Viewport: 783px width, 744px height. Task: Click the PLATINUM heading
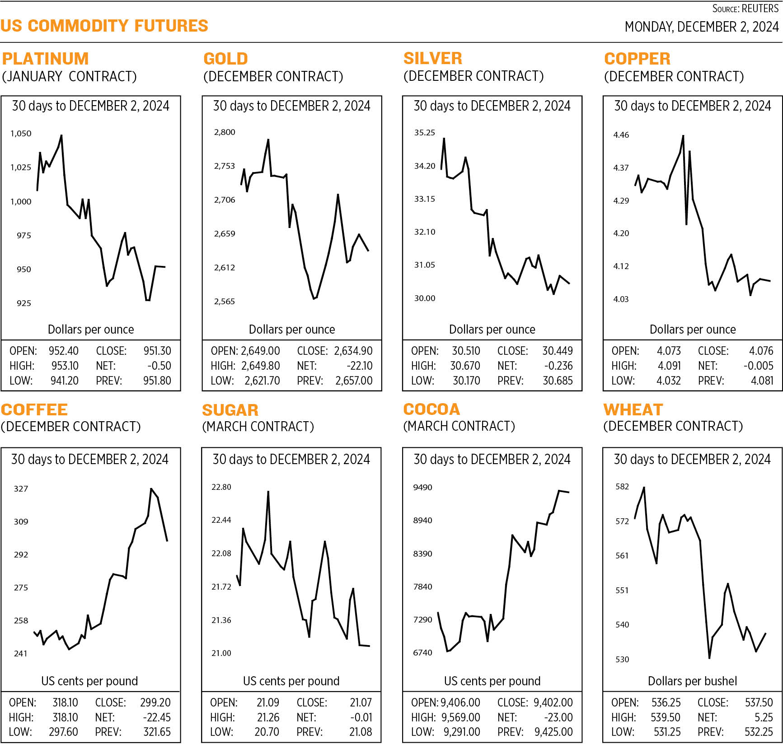pyautogui.click(x=45, y=59)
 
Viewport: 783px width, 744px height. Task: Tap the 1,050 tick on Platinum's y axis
pyautogui.click(x=21, y=133)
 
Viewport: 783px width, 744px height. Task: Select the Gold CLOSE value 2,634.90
pyautogui.click(x=353, y=351)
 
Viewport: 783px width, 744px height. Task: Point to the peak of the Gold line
pyautogui.click(x=268, y=139)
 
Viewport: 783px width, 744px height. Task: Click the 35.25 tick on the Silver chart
pyautogui.click(x=424, y=132)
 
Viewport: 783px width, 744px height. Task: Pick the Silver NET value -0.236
pyautogui.click(x=558, y=366)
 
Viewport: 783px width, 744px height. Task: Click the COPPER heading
pyautogui.click(x=637, y=59)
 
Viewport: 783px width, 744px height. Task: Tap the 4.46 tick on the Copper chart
pyautogui.click(x=621, y=135)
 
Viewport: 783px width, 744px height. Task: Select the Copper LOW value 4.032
pyautogui.click(x=668, y=381)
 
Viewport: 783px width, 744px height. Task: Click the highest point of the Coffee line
pyautogui.click(x=151, y=488)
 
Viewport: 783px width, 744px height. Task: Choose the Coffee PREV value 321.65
pyautogui.click(x=157, y=731)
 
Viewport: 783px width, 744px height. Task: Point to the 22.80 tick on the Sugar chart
pyautogui.click(x=221, y=487)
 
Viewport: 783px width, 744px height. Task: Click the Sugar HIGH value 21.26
pyautogui.click(x=268, y=717)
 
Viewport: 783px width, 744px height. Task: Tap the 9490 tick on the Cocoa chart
pyautogui.click(x=422, y=487)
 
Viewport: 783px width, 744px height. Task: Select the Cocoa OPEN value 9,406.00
pyautogui.click(x=460, y=702)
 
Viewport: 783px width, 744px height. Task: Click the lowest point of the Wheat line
pyautogui.click(x=709, y=658)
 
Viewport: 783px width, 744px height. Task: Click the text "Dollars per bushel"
pyautogui.click(x=692, y=681)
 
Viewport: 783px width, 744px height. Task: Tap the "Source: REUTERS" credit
pyautogui.click(x=745, y=9)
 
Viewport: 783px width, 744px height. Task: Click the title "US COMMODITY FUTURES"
pyautogui.click(x=104, y=26)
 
